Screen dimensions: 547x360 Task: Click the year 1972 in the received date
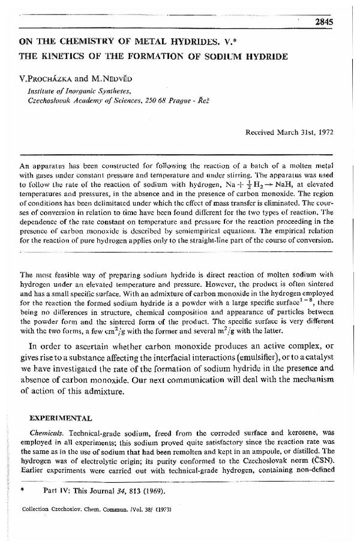(323, 130)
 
